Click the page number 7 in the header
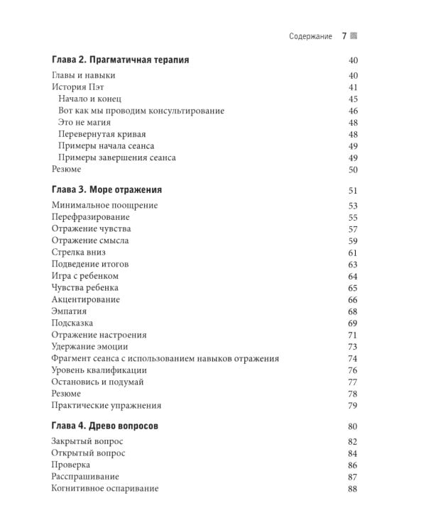[x=344, y=36]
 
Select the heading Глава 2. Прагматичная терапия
[x=120, y=60]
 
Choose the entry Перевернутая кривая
[x=102, y=135]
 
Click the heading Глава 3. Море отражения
[x=106, y=190]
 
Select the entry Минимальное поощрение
[x=104, y=206]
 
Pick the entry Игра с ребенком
[x=84, y=276]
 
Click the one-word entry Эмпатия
[x=69, y=311]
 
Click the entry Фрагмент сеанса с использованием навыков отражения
[x=165, y=358]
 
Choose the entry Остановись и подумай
[x=97, y=382]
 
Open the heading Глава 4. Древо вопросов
[x=104, y=426]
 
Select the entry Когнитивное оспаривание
[x=104, y=489]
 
